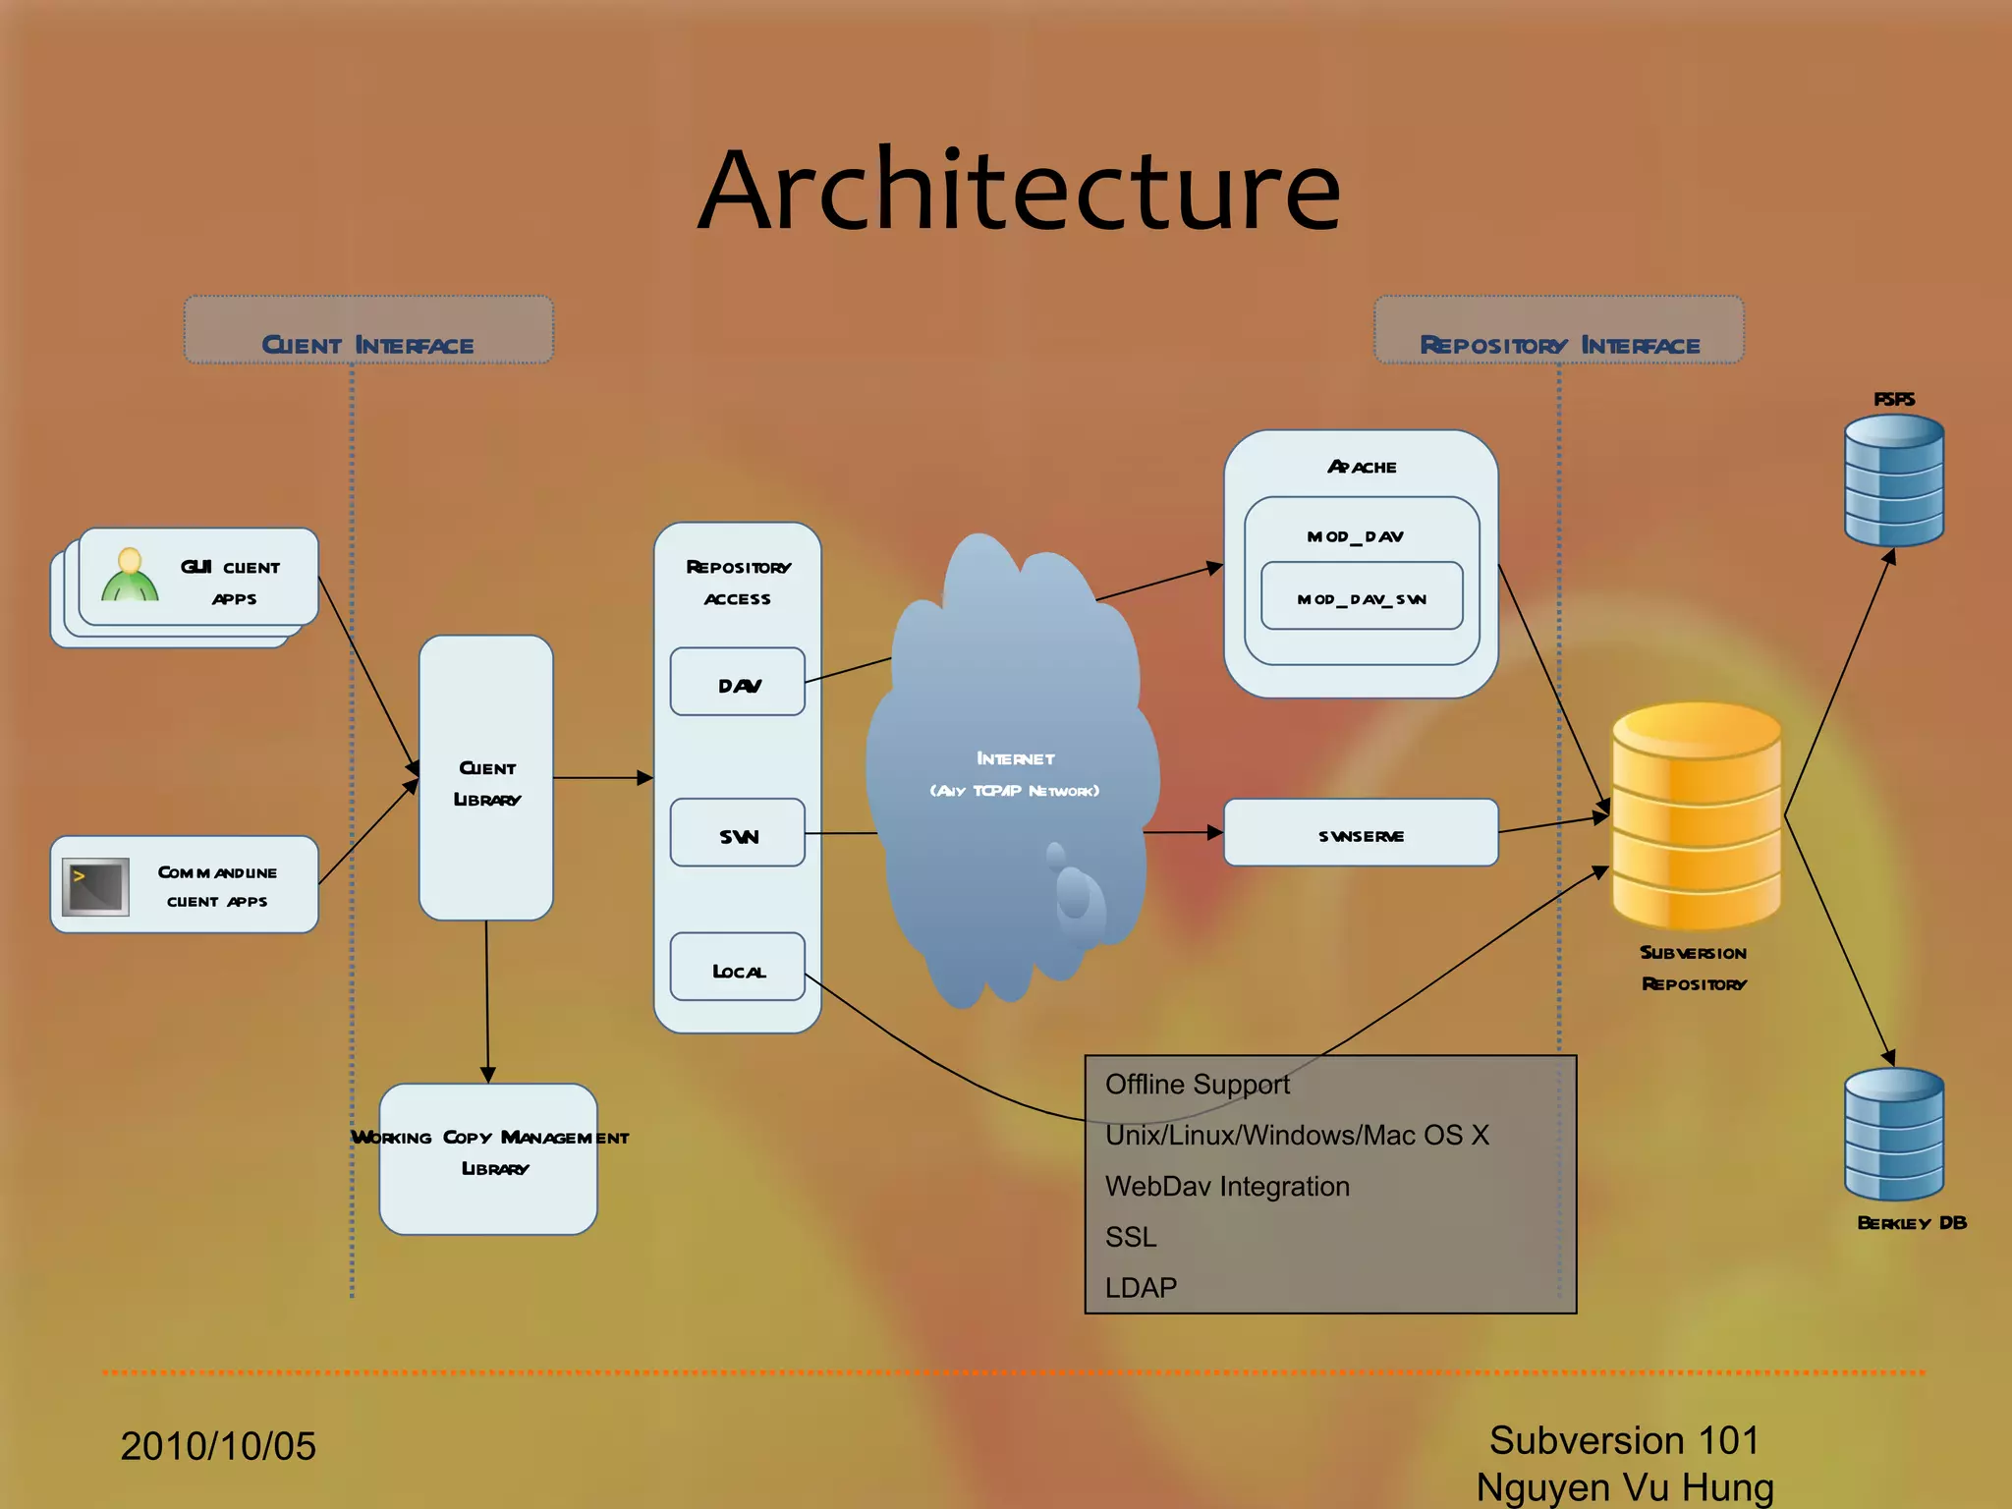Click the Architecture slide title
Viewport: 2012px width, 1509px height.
point(1019,191)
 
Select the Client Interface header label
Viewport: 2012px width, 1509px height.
point(368,345)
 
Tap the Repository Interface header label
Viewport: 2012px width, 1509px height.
point(1559,345)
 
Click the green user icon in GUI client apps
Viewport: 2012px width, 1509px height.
point(130,576)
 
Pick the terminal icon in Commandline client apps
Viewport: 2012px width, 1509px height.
point(95,886)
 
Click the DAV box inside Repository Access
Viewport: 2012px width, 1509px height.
point(738,684)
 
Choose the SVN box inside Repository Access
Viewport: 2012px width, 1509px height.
point(738,834)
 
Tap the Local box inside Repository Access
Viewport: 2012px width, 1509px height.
point(738,969)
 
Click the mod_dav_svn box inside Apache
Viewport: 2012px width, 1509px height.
point(1362,598)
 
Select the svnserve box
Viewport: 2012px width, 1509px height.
point(1361,834)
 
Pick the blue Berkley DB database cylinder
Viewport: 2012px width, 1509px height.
point(1893,1134)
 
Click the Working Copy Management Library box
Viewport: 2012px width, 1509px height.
point(488,1159)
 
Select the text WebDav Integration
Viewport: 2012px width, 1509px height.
point(1227,1186)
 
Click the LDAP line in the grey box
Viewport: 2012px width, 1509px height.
point(1141,1287)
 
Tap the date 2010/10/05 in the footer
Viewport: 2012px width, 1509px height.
point(218,1446)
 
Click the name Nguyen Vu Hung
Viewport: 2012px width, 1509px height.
point(1625,1487)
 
